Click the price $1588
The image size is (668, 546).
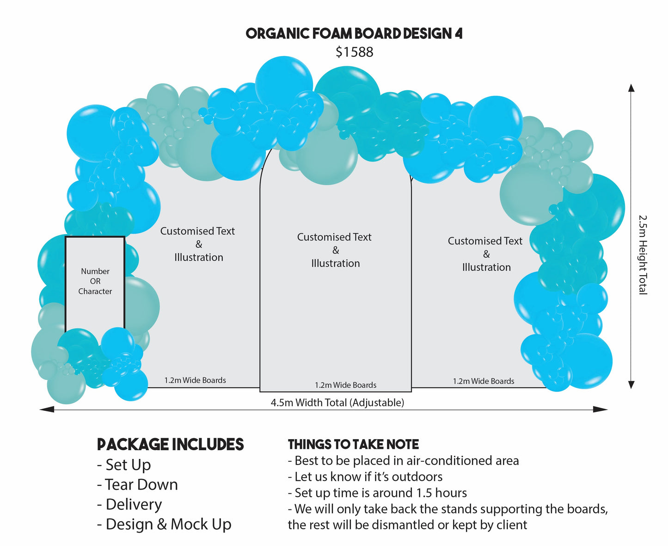pyautogui.click(x=354, y=52)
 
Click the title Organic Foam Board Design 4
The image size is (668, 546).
pyautogui.click(x=354, y=33)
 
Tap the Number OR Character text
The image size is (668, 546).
pyautogui.click(x=95, y=281)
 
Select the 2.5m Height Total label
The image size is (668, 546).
pyautogui.click(x=643, y=254)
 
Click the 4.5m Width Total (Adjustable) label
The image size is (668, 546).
pyautogui.click(x=337, y=403)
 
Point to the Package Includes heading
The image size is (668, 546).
pyautogui.click(x=170, y=445)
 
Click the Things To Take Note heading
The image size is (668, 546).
pyautogui.click(x=353, y=445)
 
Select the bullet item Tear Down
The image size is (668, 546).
pyautogui.click(x=137, y=484)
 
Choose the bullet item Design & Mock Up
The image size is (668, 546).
pyautogui.click(x=164, y=524)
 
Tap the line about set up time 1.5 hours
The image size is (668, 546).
pyautogui.click(x=377, y=493)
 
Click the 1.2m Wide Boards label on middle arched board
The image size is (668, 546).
pyautogui.click(x=345, y=385)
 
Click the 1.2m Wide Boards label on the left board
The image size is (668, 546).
pyautogui.click(x=195, y=380)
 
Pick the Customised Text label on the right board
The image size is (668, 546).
pyautogui.click(x=485, y=241)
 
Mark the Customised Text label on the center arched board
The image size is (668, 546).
pyautogui.click(x=334, y=237)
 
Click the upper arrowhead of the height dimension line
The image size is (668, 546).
pyautogui.click(x=631, y=88)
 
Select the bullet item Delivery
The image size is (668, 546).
pyautogui.click(x=130, y=504)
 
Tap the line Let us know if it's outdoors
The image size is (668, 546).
pyautogui.click(x=365, y=477)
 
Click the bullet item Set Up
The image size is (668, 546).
pyautogui.click(x=124, y=465)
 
